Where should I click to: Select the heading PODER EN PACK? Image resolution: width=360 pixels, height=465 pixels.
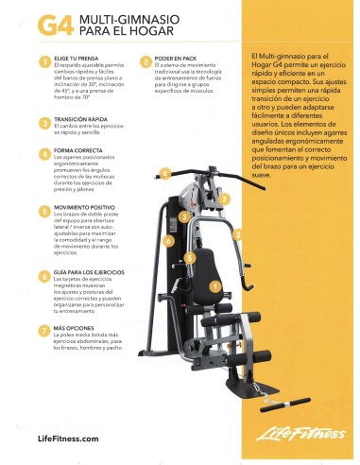175,59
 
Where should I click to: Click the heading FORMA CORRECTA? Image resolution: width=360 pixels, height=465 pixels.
77,150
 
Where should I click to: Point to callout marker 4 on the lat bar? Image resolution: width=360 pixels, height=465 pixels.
164,174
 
